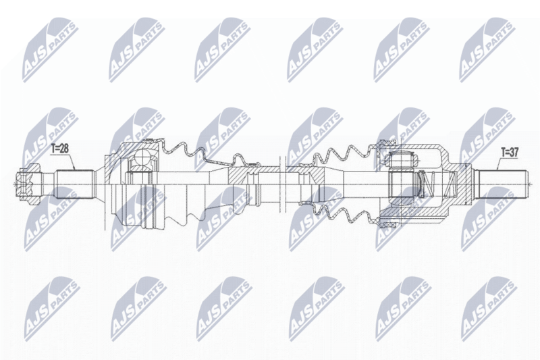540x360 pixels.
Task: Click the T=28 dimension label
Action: click(x=59, y=149)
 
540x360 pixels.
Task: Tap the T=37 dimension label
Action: click(x=510, y=152)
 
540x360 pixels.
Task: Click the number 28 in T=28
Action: click(x=63, y=149)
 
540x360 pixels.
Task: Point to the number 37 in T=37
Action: click(x=514, y=152)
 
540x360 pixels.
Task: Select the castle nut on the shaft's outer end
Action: click(x=28, y=184)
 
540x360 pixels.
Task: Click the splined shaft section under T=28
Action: click(x=76, y=184)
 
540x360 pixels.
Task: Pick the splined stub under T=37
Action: click(x=501, y=184)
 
